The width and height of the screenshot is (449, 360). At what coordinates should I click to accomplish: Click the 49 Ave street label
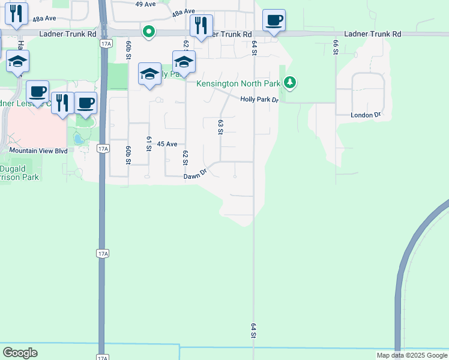pyautogui.click(x=145, y=4)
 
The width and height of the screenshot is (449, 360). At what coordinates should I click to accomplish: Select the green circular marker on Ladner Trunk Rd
pyautogui.click(x=148, y=31)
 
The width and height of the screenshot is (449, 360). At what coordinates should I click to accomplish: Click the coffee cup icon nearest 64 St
pyautogui.click(x=274, y=21)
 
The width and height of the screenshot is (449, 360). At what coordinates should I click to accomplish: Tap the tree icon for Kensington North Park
pyautogui.click(x=291, y=82)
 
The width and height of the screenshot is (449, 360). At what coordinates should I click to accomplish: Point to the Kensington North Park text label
pyautogui.click(x=239, y=83)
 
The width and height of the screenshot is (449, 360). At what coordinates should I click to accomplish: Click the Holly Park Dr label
pyautogui.click(x=259, y=100)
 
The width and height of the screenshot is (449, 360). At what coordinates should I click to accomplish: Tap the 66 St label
pyautogui.click(x=336, y=47)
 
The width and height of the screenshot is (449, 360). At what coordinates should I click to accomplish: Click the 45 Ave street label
pyautogui.click(x=167, y=144)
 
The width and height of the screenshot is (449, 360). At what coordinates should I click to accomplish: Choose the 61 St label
pyautogui.click(x=148, y=143)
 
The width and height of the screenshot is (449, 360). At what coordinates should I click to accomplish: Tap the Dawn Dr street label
pyautogui.click(x=195, y=174)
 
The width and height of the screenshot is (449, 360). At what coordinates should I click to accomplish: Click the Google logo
pyautogui.click(x=20, y=353)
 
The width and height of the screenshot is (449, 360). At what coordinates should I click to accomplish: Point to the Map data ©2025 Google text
pyautogui.click(x=412, y=355)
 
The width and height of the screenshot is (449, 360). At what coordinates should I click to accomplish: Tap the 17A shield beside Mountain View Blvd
pyautogui.click(x=103, y=148)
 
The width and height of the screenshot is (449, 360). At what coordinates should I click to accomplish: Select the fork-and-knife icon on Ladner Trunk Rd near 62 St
pyautogui.click(x=200, y=25)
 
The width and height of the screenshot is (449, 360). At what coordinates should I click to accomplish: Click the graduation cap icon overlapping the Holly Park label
pyautogui.click(x=149, y=74)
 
